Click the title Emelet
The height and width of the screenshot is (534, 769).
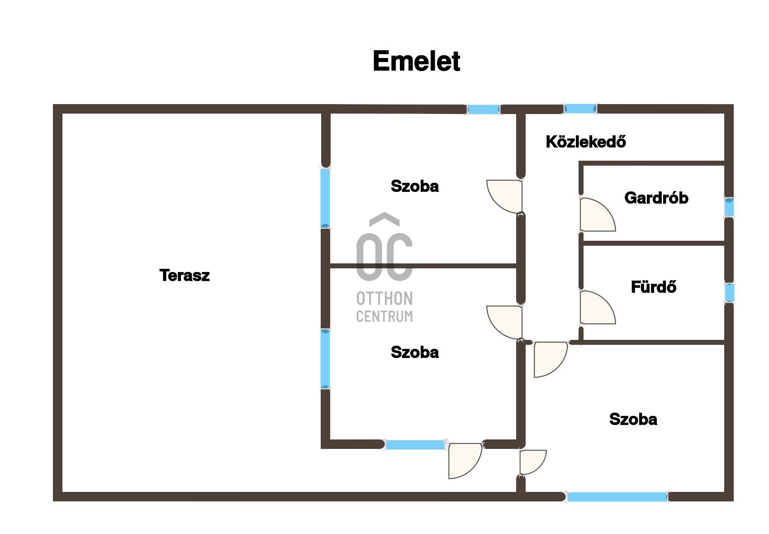(416, 61)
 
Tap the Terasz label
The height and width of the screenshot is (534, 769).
(185, 275)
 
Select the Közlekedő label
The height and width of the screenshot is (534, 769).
(586, 142)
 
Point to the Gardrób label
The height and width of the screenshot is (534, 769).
(656, 198)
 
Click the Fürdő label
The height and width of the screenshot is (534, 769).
(653, 287)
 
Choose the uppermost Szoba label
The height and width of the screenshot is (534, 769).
(414, 186)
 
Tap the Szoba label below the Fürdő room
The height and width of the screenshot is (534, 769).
(633, 419)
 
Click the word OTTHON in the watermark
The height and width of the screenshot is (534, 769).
(384, 299)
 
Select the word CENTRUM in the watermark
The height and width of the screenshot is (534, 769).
(384, 316)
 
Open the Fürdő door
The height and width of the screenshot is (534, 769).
(596, 309)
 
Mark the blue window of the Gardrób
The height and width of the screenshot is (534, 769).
(729, 208)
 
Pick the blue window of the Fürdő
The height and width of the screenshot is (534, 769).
(729, 293)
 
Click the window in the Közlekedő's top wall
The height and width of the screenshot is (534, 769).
(580, 109)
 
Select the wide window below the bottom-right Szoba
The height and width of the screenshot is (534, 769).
(617, 497)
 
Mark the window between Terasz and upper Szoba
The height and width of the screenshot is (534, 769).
(325, 198)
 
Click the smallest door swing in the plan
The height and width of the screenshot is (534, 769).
(532, 462)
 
